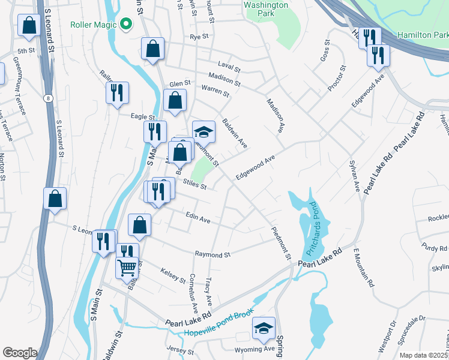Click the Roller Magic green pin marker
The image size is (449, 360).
pyautogui.click(x=125, y=24)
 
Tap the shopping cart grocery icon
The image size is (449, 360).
pyautogui.click(x=127, y=267)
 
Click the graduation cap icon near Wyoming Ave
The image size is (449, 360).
pyautogui.click(x=264, y=327)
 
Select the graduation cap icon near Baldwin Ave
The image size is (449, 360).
pyautogui.click(x=203, y=131)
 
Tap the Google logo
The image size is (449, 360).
pyautogui.click(x=20, y=353)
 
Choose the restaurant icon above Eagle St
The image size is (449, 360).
pyautogui.click(x=117, y=92)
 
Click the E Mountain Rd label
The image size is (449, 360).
pyautogui.click(x=364, y=268)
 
